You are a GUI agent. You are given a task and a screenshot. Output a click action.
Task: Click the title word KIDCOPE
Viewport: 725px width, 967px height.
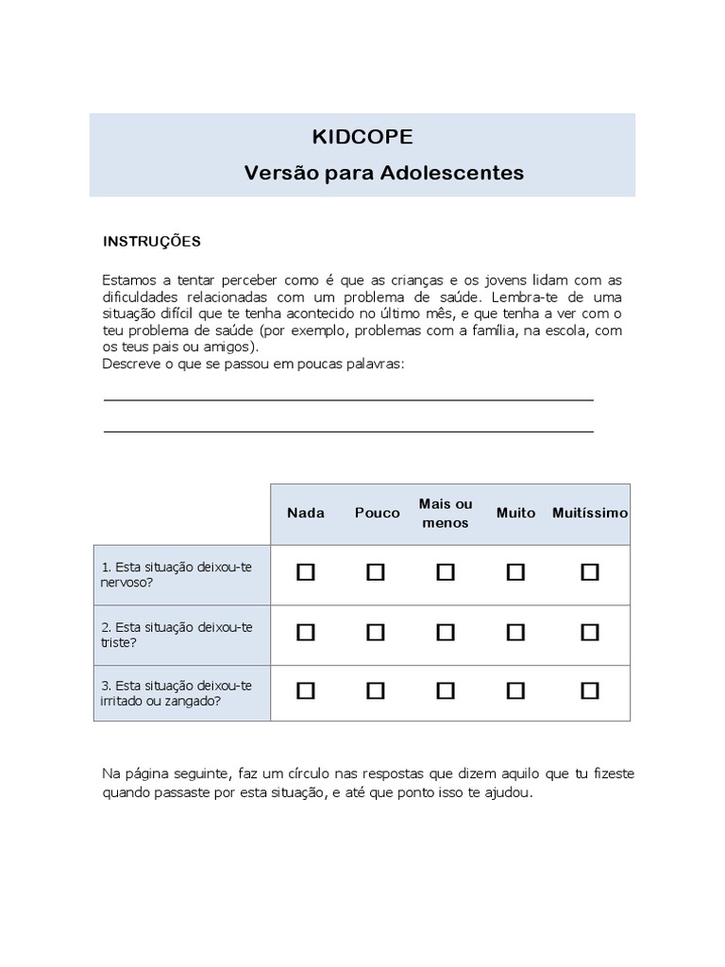coord(362,138)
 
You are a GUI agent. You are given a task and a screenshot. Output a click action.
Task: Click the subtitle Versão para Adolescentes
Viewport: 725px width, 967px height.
coord(384,174)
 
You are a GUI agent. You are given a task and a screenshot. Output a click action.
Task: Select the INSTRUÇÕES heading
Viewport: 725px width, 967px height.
coord(151,242)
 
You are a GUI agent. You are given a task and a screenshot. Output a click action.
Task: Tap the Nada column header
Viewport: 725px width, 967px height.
coord(306,513)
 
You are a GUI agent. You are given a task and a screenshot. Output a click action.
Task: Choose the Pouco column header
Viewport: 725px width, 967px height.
coord(376,513)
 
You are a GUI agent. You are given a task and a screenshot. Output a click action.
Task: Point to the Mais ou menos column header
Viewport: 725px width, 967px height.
coord(446,513)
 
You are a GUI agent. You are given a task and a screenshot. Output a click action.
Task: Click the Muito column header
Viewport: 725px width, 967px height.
coord(515,513)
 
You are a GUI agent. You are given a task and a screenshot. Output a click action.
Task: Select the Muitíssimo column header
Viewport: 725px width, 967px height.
coord(590,513)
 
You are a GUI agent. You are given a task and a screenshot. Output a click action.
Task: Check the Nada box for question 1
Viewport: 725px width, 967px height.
coord(306,572)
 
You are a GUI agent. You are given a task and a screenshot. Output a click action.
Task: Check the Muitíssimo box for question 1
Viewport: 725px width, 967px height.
coord(590,572)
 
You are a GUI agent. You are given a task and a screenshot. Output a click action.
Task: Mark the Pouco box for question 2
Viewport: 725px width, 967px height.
coord(376,633)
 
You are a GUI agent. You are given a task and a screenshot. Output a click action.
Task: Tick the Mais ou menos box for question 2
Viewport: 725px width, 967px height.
coord(446,633)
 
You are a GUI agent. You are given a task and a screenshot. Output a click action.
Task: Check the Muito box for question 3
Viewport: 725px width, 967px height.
coord(515,691)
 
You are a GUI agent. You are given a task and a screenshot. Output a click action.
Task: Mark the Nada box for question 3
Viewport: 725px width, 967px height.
coord(306,691)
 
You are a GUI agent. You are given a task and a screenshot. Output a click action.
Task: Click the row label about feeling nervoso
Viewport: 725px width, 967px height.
coord(177,574)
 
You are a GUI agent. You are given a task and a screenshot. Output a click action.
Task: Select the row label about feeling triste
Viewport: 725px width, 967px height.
coord(177,634)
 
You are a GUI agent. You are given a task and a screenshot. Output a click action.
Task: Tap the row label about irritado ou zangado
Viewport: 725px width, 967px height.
coord(177,693)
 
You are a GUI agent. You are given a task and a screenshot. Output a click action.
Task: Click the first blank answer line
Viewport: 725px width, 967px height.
coord(347,399)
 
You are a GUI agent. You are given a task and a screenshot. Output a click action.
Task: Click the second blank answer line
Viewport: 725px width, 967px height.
coord(347,431)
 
